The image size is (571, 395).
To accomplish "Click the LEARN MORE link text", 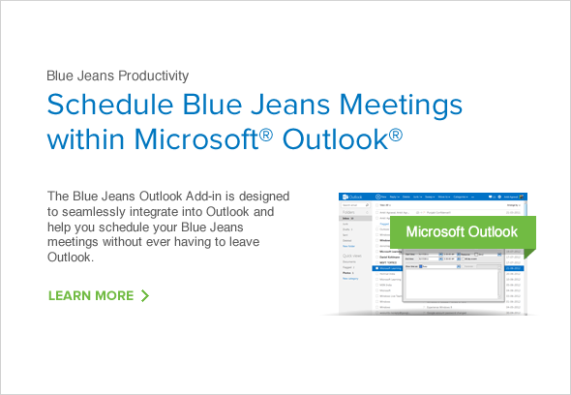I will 91,295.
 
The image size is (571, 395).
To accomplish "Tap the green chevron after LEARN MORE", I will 144,295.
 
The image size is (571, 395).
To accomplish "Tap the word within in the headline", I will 85,138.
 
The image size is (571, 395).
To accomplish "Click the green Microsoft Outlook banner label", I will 461,232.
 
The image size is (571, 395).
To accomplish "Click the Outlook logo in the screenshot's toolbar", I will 350,196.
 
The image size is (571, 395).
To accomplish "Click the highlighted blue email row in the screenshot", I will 387,268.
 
